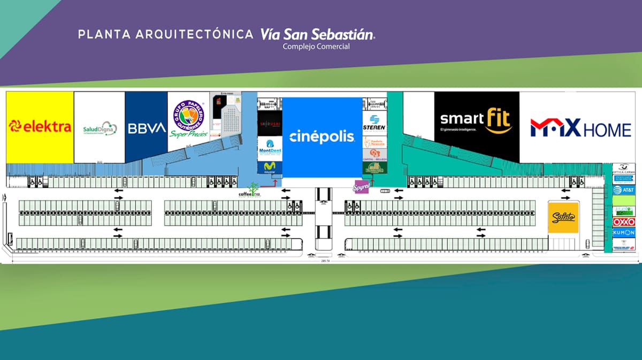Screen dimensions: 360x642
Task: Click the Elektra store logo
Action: pyautogui.click(x=40, y=127)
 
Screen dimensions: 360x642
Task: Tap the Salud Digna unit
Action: pyautogui.click(x=100, y=129)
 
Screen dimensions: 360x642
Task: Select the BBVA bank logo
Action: pyautogui.click(x=147, y=128)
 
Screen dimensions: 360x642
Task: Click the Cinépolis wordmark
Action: pyautogui.click(x=322, y=136)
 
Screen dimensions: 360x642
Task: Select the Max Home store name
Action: pyautogui.click(x=580, y=128)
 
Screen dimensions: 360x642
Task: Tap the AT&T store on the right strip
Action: pyautogui.click(x=624, y=189)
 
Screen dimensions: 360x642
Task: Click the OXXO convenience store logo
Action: pyautogui.click(x=624, y=221)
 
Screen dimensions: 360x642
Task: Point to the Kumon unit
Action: pyautogui.click(x=624, y=232)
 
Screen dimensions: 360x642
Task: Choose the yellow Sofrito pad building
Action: pyautogui.click(x=563, y=217)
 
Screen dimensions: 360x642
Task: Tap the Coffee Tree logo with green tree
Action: pyautogui.click(x=249, y=191)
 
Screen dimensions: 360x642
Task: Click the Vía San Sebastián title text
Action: pyautogui.click(x=317, y=34)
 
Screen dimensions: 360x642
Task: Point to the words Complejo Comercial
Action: pyautogui.click(x=316, y=47)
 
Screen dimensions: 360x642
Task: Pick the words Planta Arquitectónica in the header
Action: pyautogui.click(x=165, y=35)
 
